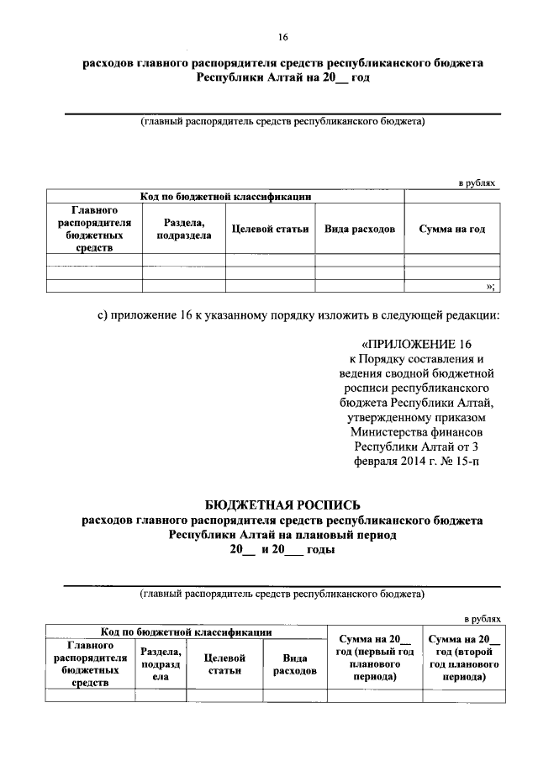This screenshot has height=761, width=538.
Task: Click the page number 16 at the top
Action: (282, 37)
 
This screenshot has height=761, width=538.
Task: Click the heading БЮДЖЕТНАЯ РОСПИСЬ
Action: (282, 505)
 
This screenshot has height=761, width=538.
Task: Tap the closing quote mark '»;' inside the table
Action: (490, 286)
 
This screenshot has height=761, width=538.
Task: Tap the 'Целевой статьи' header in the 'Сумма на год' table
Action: (270, 229)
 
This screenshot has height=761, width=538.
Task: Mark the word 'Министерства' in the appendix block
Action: (392, 431)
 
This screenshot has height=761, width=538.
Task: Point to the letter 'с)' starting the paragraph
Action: (103, 315)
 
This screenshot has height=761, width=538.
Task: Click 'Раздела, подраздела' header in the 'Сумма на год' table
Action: (183, 229)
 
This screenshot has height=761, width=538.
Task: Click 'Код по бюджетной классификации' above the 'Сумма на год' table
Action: (225, 197)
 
